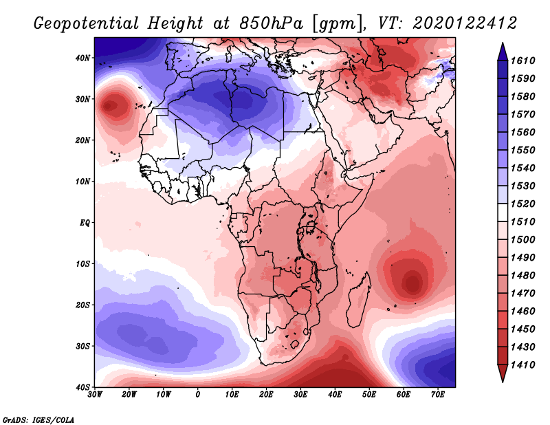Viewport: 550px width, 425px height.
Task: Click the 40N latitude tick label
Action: tap(83, 58)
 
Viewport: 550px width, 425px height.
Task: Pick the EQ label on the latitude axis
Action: tap(84, 223)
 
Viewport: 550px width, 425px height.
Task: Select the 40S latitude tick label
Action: tap(83, 387)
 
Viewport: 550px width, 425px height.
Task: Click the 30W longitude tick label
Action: tap(95, 395)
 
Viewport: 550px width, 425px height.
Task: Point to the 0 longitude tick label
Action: tap(198, 395)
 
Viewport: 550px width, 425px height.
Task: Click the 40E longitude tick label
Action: tap(335, 395)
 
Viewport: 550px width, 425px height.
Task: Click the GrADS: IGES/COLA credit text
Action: tap(38, 419)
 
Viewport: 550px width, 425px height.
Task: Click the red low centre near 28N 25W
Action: tap(110, 107)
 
